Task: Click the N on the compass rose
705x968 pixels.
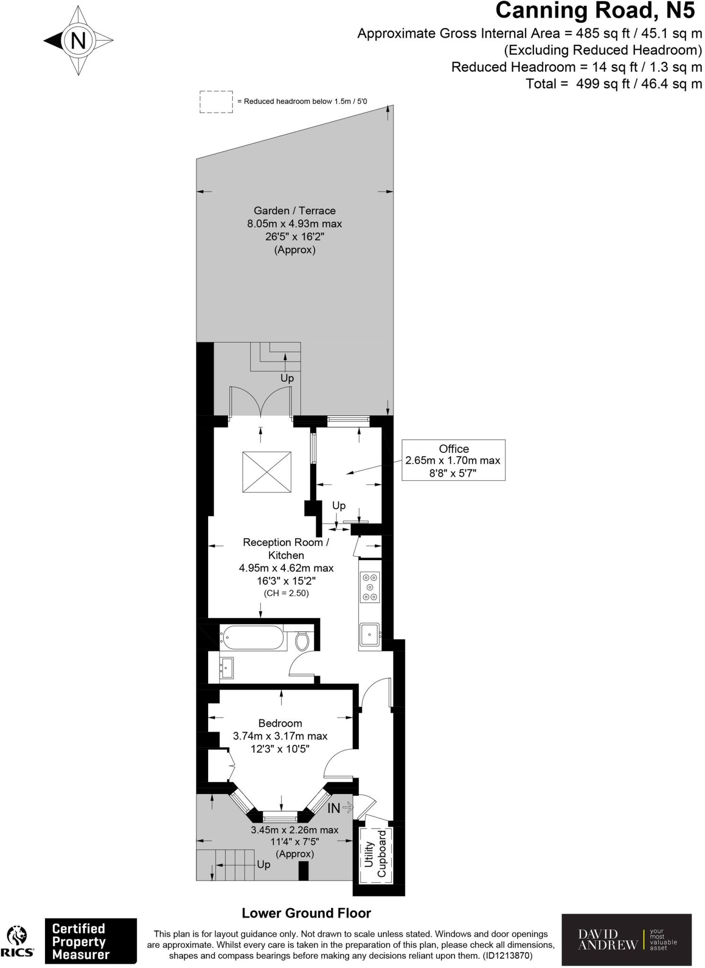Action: click(79, 40)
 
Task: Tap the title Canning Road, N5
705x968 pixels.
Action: click(595, 10)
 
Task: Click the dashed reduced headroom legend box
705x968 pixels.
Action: click(216, 102)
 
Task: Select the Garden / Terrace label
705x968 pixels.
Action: click(294, 211)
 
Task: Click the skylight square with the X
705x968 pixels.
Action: click(266, 472)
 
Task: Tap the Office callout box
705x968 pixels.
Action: click(453, 460)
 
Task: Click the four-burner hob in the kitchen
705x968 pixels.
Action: click(370, 587)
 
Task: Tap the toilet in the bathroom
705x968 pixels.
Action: click(302, 641)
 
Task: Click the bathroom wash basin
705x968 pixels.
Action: click(227, 667)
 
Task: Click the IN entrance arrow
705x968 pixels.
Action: click(340, 808)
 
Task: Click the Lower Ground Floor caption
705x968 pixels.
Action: click(306, 913)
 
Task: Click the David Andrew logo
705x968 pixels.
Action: click(626, 940)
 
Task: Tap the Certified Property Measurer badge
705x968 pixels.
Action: click(90, 941)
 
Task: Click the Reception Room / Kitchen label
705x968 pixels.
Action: click(286, 548)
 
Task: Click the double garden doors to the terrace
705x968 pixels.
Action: click(260, 402)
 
